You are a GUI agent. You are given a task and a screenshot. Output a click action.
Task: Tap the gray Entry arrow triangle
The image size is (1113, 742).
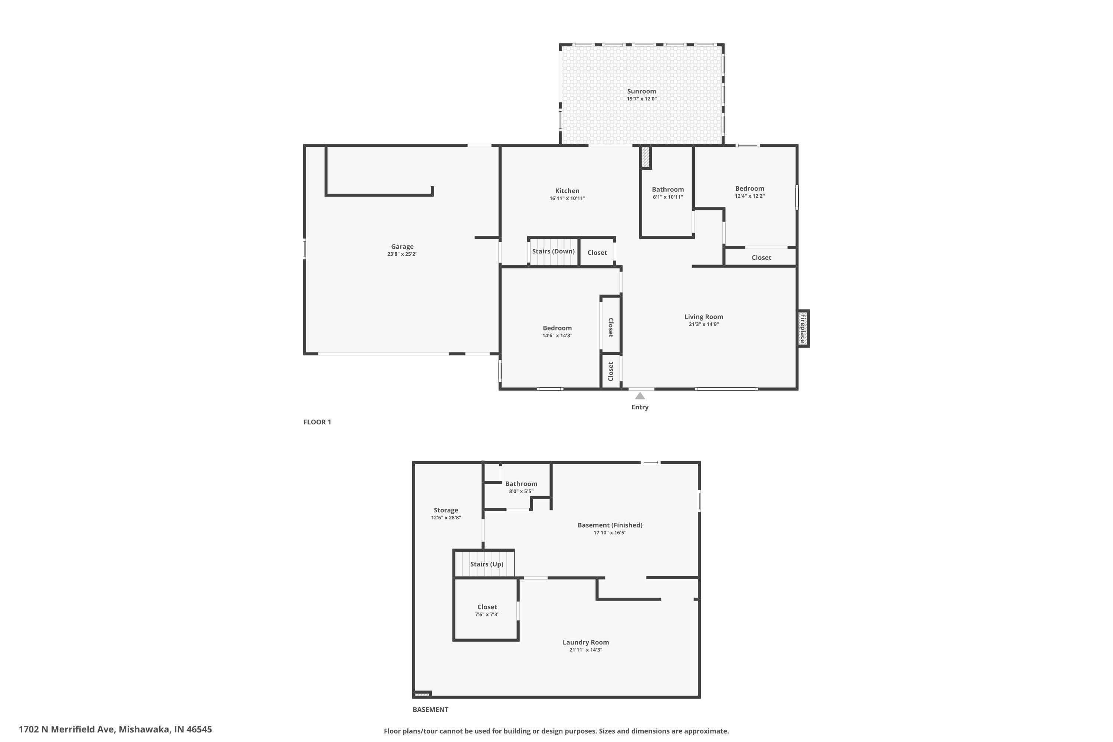(x=640, y=395)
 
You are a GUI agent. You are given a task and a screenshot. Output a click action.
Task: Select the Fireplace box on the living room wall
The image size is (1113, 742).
(x=803, y=328)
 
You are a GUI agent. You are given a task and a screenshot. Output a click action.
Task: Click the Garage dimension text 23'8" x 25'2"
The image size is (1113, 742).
(x=402, y=254)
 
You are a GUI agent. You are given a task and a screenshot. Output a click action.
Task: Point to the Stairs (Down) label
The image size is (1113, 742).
(x=553, y=251)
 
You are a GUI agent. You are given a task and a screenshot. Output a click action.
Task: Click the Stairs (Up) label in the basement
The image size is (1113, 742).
(x=486, y=564)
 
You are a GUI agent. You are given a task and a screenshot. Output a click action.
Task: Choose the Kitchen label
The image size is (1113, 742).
(x=567, y=191)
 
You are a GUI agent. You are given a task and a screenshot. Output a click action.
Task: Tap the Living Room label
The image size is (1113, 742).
(x=704, y=316)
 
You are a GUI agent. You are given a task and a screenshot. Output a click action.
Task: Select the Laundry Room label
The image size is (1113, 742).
(x=585, y=642)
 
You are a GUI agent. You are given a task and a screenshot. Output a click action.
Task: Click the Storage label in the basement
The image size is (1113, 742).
(x=446, y=510)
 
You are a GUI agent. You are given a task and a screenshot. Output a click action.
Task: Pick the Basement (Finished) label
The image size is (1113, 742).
(x=610, y=525)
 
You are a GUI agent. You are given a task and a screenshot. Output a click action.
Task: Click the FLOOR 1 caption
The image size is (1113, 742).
(x=317, y=422)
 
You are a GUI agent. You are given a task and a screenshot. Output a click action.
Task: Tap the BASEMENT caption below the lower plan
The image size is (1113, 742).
(x=430, y=709)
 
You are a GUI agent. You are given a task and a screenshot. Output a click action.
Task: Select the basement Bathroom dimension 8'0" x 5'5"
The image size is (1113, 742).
(x=521, y=491)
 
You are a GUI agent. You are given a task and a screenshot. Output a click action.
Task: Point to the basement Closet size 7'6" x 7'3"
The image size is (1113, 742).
(x=487, y=614)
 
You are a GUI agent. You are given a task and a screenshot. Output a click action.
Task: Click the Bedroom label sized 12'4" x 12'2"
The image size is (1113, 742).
(x=749, y=188)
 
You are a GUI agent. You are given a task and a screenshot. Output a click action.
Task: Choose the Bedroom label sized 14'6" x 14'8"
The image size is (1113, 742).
(x=557, y=328)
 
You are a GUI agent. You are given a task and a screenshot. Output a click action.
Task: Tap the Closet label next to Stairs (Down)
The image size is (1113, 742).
(x=597, y=253)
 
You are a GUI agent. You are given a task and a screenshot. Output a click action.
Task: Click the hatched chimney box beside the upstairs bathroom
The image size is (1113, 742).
(x=646, y=157)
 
